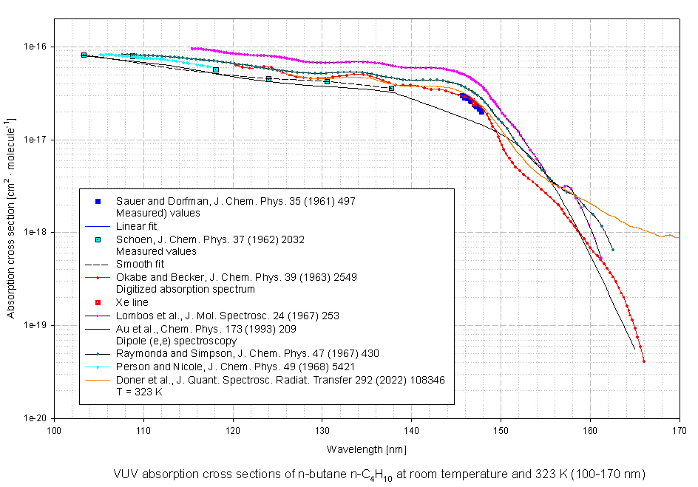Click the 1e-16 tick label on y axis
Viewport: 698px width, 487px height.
(35, 47)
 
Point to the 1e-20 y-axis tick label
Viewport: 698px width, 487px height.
(35, 418)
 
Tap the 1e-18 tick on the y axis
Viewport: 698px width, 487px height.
(35, 232)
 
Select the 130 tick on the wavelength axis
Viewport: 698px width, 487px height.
(322, 429)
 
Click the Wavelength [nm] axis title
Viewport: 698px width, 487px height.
(366, 449)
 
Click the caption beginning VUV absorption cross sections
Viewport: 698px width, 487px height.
(379, 473)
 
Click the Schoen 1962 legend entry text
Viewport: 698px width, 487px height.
(210, 239)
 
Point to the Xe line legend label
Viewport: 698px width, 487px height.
(132, 303)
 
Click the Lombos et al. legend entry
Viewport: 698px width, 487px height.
(227, 316)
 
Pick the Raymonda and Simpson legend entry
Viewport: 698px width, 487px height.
(247, 354)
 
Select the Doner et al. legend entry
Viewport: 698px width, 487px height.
(280, 380)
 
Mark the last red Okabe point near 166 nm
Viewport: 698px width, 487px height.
(644, 361)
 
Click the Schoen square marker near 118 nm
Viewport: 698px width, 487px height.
(216, 70)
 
